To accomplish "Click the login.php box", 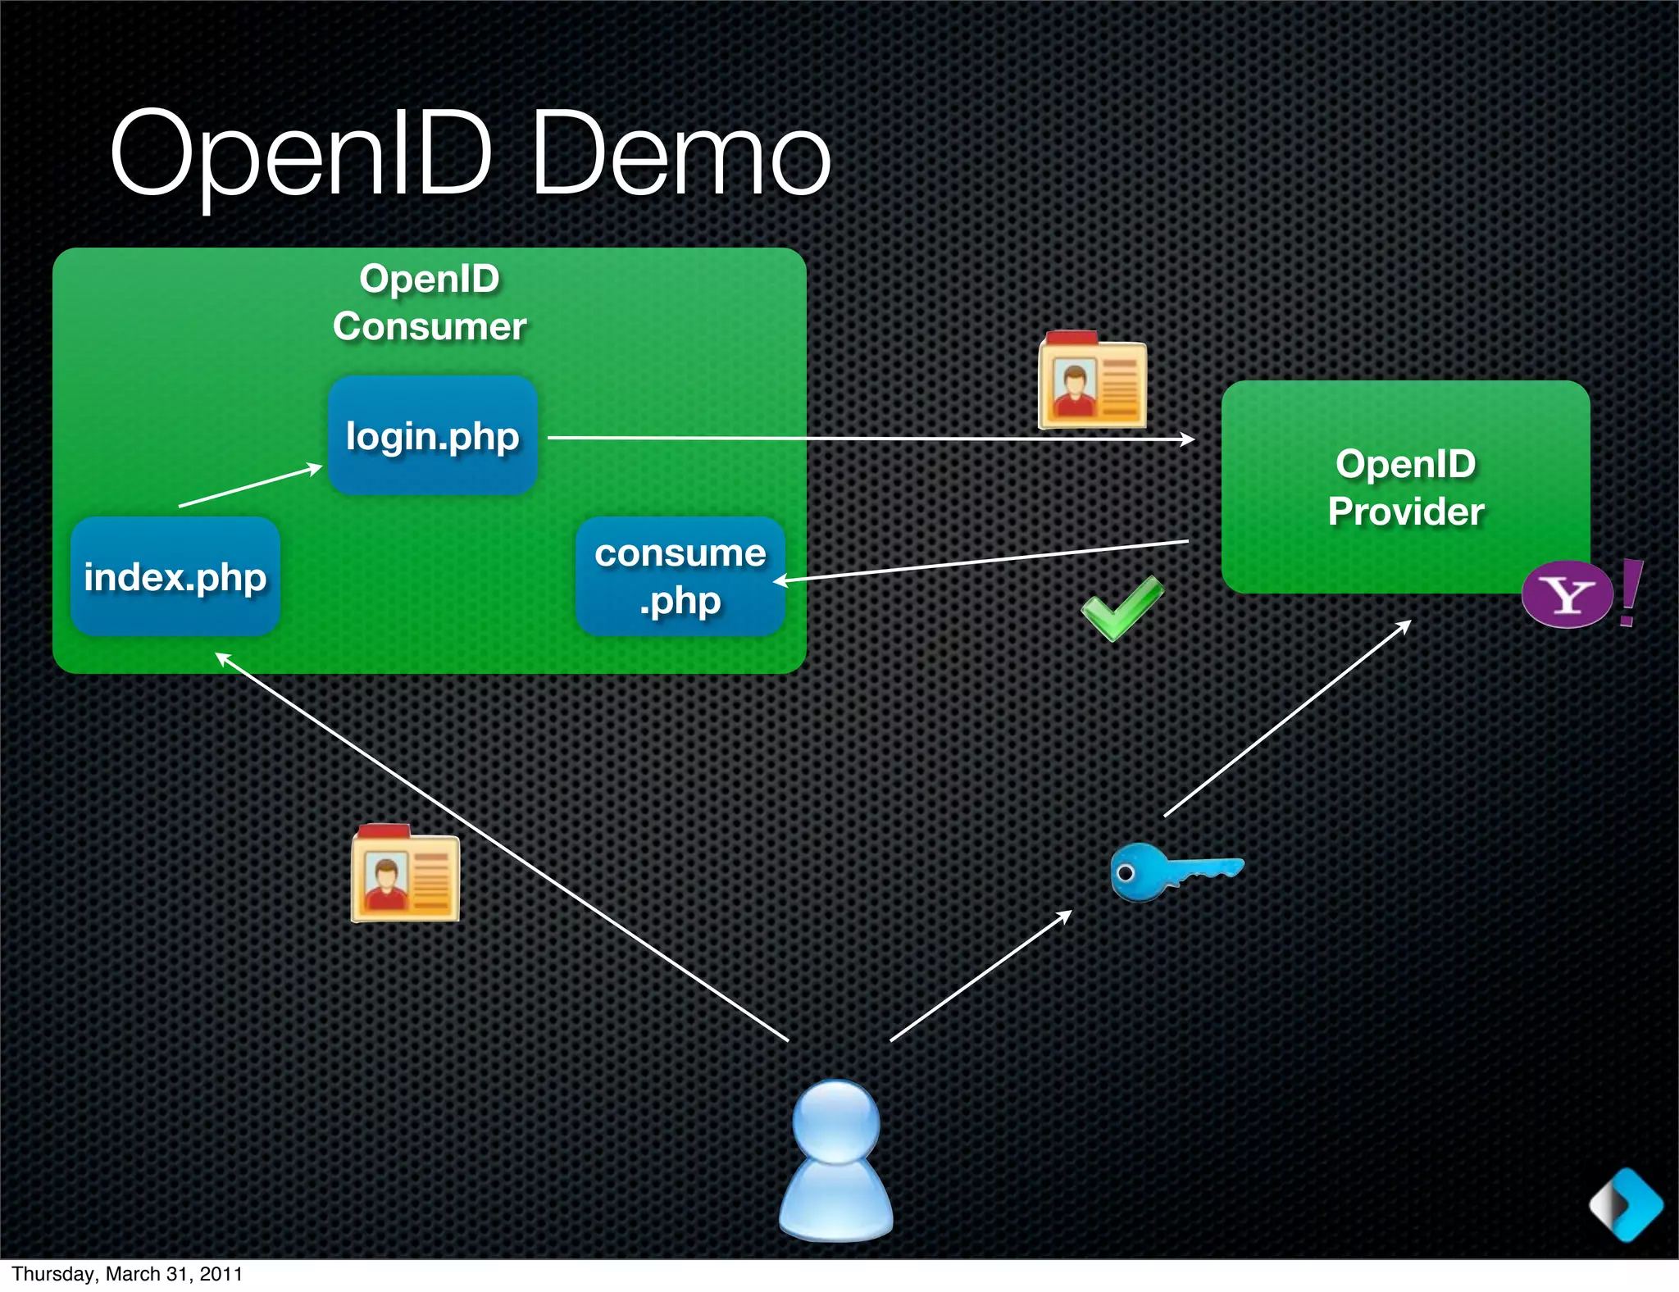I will pyautogui.click(x=432, y=435).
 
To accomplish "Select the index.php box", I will pyautogui.click(x=175, y=576).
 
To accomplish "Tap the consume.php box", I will pyautogui.click(x=680, y=576).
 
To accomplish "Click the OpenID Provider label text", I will pyautogui.click(x=1405, y=487).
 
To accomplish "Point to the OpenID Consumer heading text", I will pyautogui.click(x=429, y=303).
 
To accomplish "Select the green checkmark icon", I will pyautogui.click(x=1122, y=608).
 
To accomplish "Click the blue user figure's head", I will pyautogui.click(x=835, y=1121).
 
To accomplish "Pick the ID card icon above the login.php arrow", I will pyautogui.click(x=1092, y=381).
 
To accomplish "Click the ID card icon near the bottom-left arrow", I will pyautogui.click(x=405, y=874).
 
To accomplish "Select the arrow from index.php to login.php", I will pyautogui.click(x=250, y=486).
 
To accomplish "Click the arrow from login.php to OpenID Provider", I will pyautogui.click(x=869, y=439).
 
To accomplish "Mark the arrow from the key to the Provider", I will pyautogui.click(x=1287, y=718).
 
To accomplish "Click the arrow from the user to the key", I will pyautogui.click(x=981, y=976).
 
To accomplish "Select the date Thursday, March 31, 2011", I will pyautogui.click(x=127, y=1274).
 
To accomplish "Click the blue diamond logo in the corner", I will pyautogui.click(x=1626, y=1204).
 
